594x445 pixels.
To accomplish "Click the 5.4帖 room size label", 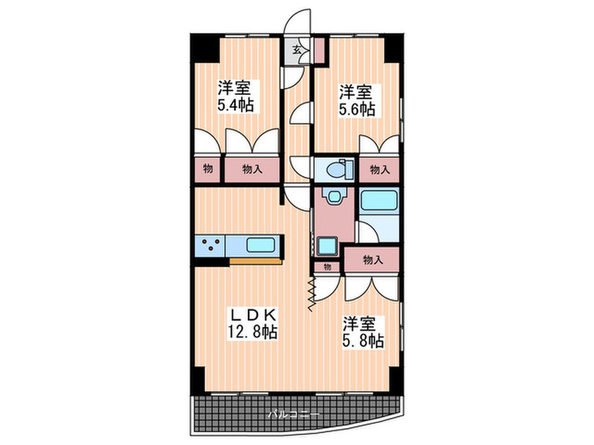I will (x=235, y=106).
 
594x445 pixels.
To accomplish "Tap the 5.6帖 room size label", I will (x=357, y=109).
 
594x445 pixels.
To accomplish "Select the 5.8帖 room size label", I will (x=363, y=341).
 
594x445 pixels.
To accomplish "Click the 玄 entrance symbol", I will (x=297, y=50).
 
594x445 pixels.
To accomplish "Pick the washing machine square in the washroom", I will (x=328, y=247).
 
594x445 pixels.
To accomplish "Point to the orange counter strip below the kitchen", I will (x=255, y=262).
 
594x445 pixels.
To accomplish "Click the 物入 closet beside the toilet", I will (x=379, y=170).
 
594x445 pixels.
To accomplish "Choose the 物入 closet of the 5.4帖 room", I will (x=251, y=170).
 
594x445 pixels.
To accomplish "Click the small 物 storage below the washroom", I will (x=328, y=266).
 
